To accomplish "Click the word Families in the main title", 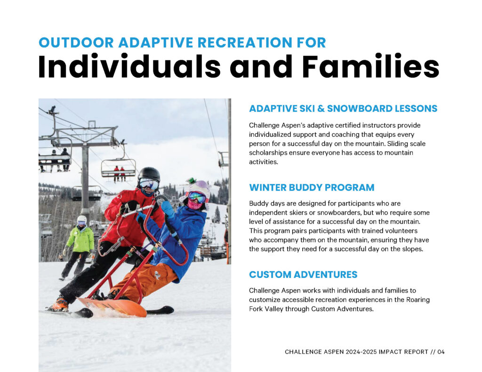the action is pyautogui.click(x=371, y=66).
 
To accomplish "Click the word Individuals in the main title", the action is pyautogui.click(x=129, y=66).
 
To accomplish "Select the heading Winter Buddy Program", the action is pyautogui.click(x=312, y=187).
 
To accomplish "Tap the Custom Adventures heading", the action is pyautogui.click(x=303, y=274).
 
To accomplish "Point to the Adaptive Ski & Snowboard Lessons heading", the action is pyautogui.click(x=343, y=109).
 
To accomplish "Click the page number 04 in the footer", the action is pyautogui.click(x=441, y=352).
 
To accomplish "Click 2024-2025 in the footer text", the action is pyautogui.click(x=361, y=352).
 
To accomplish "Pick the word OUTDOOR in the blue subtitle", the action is pyautogui.click(x=76, y=43).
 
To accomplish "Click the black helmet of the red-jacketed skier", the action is pyautogui.click(x=149, y=174).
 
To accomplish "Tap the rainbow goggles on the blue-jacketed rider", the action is pyautogui.click(x=197, y=197).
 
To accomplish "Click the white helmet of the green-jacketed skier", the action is pyautogui.click(x=82, y=219).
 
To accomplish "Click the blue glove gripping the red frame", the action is pyautogui.click(x=168, y=208).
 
